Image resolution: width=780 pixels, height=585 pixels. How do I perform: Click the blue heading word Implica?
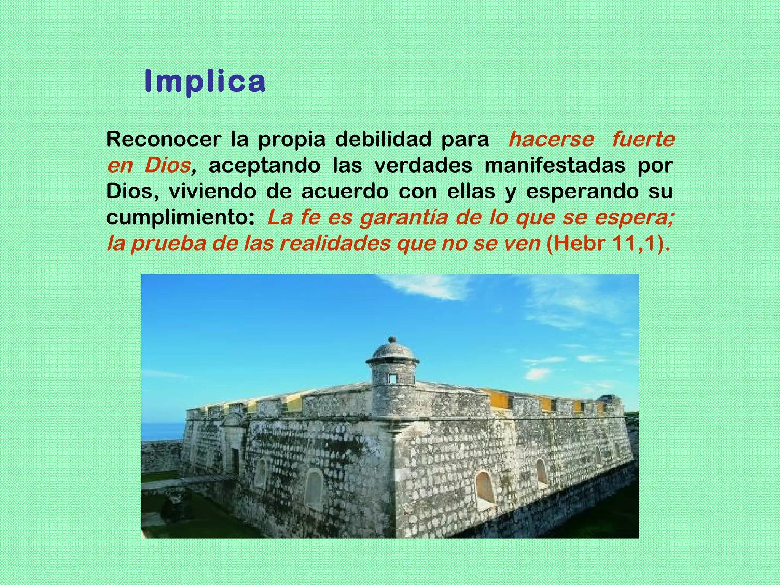pyautogui.click(x=205, y=82)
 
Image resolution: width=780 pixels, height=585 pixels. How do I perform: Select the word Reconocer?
pyautogui.click(x=163, y=139)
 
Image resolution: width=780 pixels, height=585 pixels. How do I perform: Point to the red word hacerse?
pyautogui.click(x=551, y=139)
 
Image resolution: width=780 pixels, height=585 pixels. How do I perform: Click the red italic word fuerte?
pyautogui.click(x=643, y=139)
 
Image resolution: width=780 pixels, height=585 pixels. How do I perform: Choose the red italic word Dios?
pyautogui.click(x=168, y=166)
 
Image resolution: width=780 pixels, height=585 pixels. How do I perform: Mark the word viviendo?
pyautogui.click(x=212, y=192)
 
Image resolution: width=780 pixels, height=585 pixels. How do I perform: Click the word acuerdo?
pyautogui.click(x=345, y=192)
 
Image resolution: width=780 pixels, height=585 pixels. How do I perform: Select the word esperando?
pyautogui.click(x=582, y=192)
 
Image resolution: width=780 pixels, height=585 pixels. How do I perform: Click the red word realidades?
pyautogui.click(x=335, y=244)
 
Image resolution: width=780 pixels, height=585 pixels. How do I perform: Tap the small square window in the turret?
pyautogui.click(x=392, y=379)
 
